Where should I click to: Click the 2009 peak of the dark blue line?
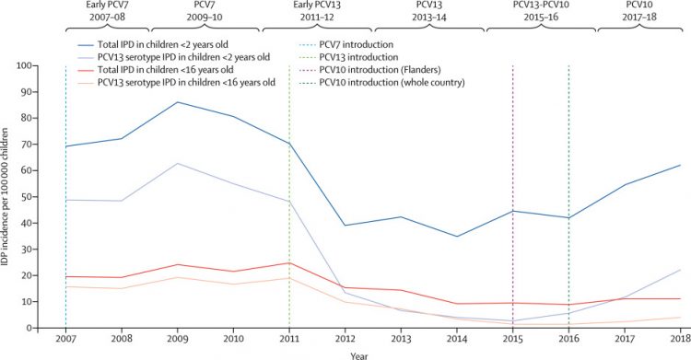(x=177, y=102)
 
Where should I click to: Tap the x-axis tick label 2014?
(x=457, y=339)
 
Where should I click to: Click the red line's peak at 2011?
(x=289, y=263)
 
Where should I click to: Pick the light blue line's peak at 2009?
(x=177, y=163)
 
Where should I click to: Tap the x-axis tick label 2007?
(x=64, y=339)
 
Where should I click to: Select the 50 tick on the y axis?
(x=47, y=197)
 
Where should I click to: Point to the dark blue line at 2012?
(x=345, y=226)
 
